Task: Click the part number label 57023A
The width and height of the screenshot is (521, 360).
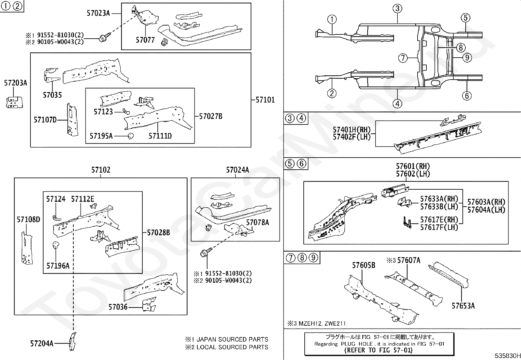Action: click(98, 13)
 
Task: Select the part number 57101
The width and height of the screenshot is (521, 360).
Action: click(265, 100)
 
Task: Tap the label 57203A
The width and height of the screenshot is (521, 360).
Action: click(16, 83)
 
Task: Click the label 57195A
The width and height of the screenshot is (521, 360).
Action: click(101, 136)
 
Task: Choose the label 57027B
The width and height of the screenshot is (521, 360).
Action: click(211, 116)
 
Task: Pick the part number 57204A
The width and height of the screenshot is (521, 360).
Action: click(42, 344)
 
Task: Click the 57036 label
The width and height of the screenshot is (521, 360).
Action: click(118, 307)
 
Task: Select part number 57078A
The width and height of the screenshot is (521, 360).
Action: click(258, 223)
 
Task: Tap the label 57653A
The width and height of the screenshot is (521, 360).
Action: click(463, 306)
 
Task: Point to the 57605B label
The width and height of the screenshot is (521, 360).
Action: click(364, 265)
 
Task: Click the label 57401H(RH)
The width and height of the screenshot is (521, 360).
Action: click(351, 129)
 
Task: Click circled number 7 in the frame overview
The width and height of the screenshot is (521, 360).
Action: click(403, 58)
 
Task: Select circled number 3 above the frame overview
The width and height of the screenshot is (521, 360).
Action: click(398, 9)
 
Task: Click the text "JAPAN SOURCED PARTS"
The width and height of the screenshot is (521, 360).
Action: click(232, 339)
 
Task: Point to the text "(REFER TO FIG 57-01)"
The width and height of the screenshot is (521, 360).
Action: click(378, 350)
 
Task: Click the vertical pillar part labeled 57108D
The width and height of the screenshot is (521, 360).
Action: click(27, 248)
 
